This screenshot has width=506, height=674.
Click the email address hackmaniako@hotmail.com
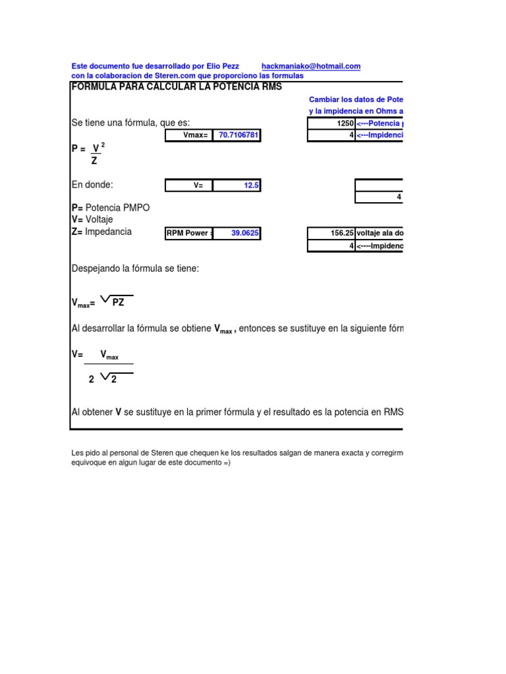(311, 66)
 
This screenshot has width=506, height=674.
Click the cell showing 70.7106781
(237, 135)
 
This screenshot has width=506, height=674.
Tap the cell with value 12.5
(237, 186)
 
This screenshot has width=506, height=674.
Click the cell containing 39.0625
(237, 233)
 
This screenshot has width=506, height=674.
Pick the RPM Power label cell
(189, 233)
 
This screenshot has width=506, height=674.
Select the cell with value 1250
(331, 123)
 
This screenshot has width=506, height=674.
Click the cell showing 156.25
(331, 233)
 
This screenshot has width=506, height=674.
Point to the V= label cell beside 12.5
(189, 186)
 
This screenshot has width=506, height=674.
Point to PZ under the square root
(119, 303)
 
